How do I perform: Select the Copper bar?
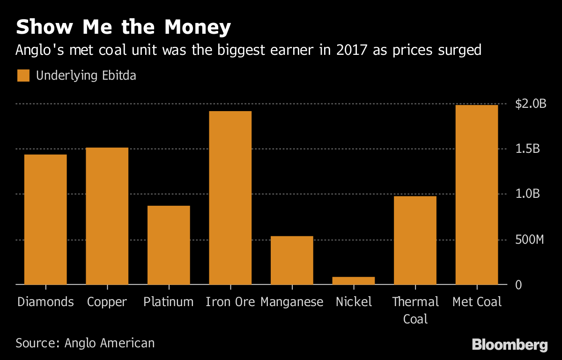[x=107, y=216]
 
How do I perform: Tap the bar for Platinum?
[x=169, y=245]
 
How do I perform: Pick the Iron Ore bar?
[x=230, y=198]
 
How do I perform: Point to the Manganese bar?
[x=292, y=260]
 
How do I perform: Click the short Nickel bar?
[x=354, y=280]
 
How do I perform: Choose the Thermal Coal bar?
[x=415, y=240]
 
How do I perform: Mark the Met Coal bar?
[x=477, y=195]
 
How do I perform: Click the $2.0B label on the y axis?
[x=531, y=104]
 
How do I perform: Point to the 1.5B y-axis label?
[x=528, y=149]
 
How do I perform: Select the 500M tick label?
[x=530, y=240]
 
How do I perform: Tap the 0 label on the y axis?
[x=518, y=285]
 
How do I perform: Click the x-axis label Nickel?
[x=354, y=302]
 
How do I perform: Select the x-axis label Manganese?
[x=292, y=302]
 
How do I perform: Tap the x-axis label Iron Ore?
[x=230, y=302]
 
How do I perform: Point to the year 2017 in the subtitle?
[x=348, y=50]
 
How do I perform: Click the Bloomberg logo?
[x=510, y=345]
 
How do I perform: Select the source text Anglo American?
[x=110, y=343]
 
